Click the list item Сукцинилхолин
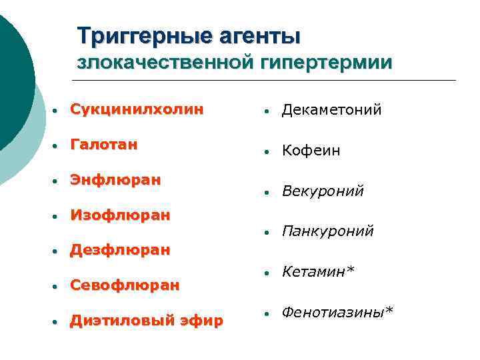click(137, 109)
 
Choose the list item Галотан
click(104, 145)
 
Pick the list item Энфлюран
click(115, 180)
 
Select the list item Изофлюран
click(121, 215)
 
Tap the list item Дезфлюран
click(121, 251)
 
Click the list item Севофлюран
click(125, 285)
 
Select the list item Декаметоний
click(331, 109)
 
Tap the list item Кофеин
click(311, 151)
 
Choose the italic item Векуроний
click(323, 191)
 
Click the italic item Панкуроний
click(327, 231)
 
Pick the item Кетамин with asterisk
click(318, 271)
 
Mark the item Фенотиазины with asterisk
click(337, 311)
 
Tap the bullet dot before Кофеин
click(265, 152)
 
